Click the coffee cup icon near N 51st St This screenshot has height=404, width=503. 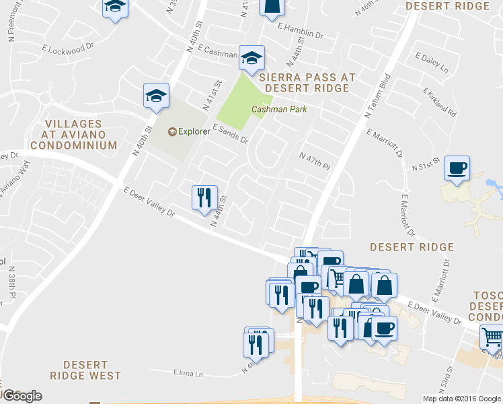[x=457, y=168]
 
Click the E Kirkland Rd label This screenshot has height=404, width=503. [x=440, y=100]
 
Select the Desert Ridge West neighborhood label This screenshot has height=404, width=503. [x=87, y=370]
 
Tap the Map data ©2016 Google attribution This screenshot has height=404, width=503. [x=462, y=399]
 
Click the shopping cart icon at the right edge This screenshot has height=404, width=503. [x=492, y=337]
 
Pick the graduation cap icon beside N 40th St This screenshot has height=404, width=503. [x=156, y=96]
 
